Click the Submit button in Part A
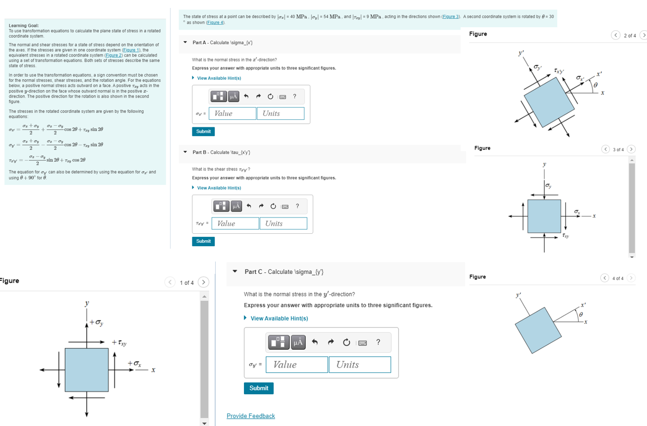[x=203, y=131]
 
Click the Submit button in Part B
[x=203, y=241]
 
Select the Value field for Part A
[x=232, y=113]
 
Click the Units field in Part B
[x=283, y=223]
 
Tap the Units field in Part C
[x=359, y=365]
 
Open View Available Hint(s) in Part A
[x=219, y=78]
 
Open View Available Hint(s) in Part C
[x=279, y=319]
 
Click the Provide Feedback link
[x=250, y=416]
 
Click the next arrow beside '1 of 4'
[x=203, y=282]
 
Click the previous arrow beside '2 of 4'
[x=615, y=35]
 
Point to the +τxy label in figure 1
[x=119, y=343]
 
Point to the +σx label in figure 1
[x=134, y=364]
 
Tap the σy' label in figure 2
[x=538, y=67]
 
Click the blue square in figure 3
[x=544, y=216]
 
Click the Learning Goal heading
[x=24, y=25]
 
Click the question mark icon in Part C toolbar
[x=378, y=342]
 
